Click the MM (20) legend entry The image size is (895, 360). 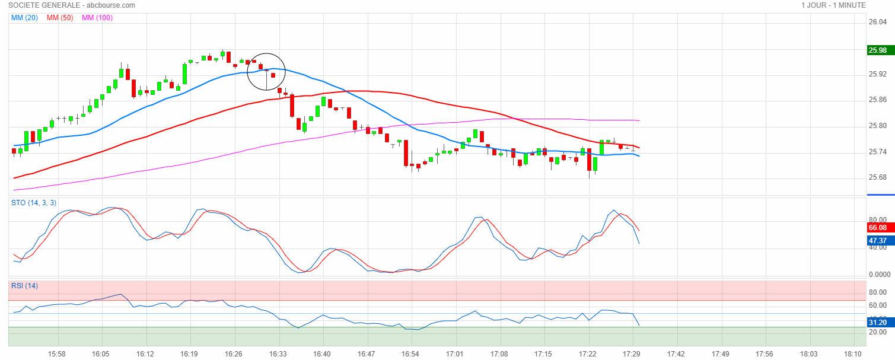(24, 18)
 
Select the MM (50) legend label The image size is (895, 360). (60, 18)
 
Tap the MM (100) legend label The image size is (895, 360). (97, 18)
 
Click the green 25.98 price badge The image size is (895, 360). (877, 50)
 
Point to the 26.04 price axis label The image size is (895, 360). (877, 23)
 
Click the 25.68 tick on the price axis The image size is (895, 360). (877, 177)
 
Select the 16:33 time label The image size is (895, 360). (278, 354)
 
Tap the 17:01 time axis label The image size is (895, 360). (455, 354)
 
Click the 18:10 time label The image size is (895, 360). (853, 354)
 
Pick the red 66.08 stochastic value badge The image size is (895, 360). (877, 228)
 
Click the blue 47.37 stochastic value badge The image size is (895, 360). (877, 241)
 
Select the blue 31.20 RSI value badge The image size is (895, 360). (877, 322)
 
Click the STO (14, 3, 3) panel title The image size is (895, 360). (34, 203)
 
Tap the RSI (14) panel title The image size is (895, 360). (24, 286)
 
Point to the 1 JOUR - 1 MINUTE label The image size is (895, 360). (833, 5)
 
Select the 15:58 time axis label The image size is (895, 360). (57, 354)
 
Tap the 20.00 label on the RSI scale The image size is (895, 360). (877, 332)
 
